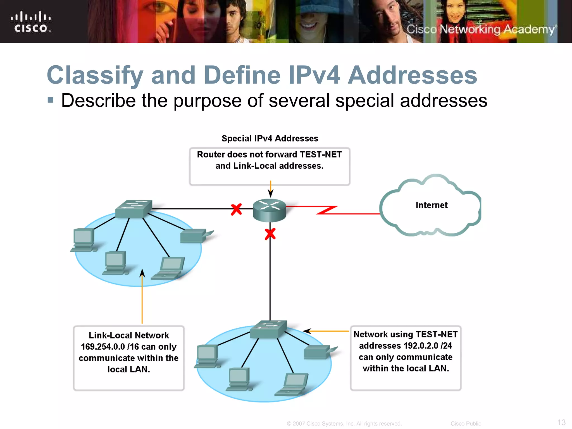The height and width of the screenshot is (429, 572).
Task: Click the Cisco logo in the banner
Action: point(31,22)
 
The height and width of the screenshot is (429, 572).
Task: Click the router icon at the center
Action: point(269,210)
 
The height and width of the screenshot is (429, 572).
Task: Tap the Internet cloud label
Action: point(432,205)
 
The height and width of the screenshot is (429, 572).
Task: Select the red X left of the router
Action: point(236,209)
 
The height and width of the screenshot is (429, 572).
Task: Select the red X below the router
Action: point(270,234)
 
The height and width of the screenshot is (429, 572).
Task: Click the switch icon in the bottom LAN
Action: point(268,329)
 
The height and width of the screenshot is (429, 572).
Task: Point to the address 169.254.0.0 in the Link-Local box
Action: point(103,347)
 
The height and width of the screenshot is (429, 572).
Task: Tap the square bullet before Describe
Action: point(51,100)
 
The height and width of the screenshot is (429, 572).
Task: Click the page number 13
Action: point(561,422)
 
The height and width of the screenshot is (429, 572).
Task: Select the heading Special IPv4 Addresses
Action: point(270,139)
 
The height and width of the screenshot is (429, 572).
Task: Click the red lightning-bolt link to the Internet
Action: point(327,210)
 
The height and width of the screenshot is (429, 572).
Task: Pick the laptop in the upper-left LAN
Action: point(169,268)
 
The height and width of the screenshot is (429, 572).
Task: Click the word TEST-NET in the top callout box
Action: point(321,154)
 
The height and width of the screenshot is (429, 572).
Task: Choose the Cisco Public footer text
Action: point(466,424)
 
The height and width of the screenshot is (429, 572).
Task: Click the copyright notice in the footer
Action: point(344,424)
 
